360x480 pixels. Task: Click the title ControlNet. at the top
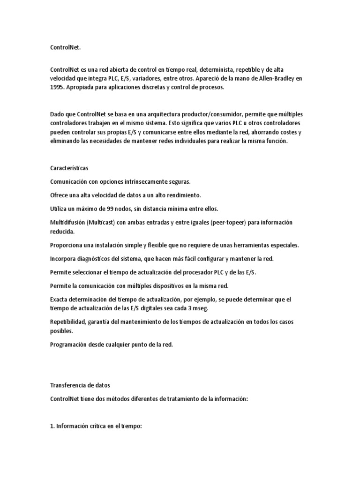(x=66, y=47)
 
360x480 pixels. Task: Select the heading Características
(x=69, y=168)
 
